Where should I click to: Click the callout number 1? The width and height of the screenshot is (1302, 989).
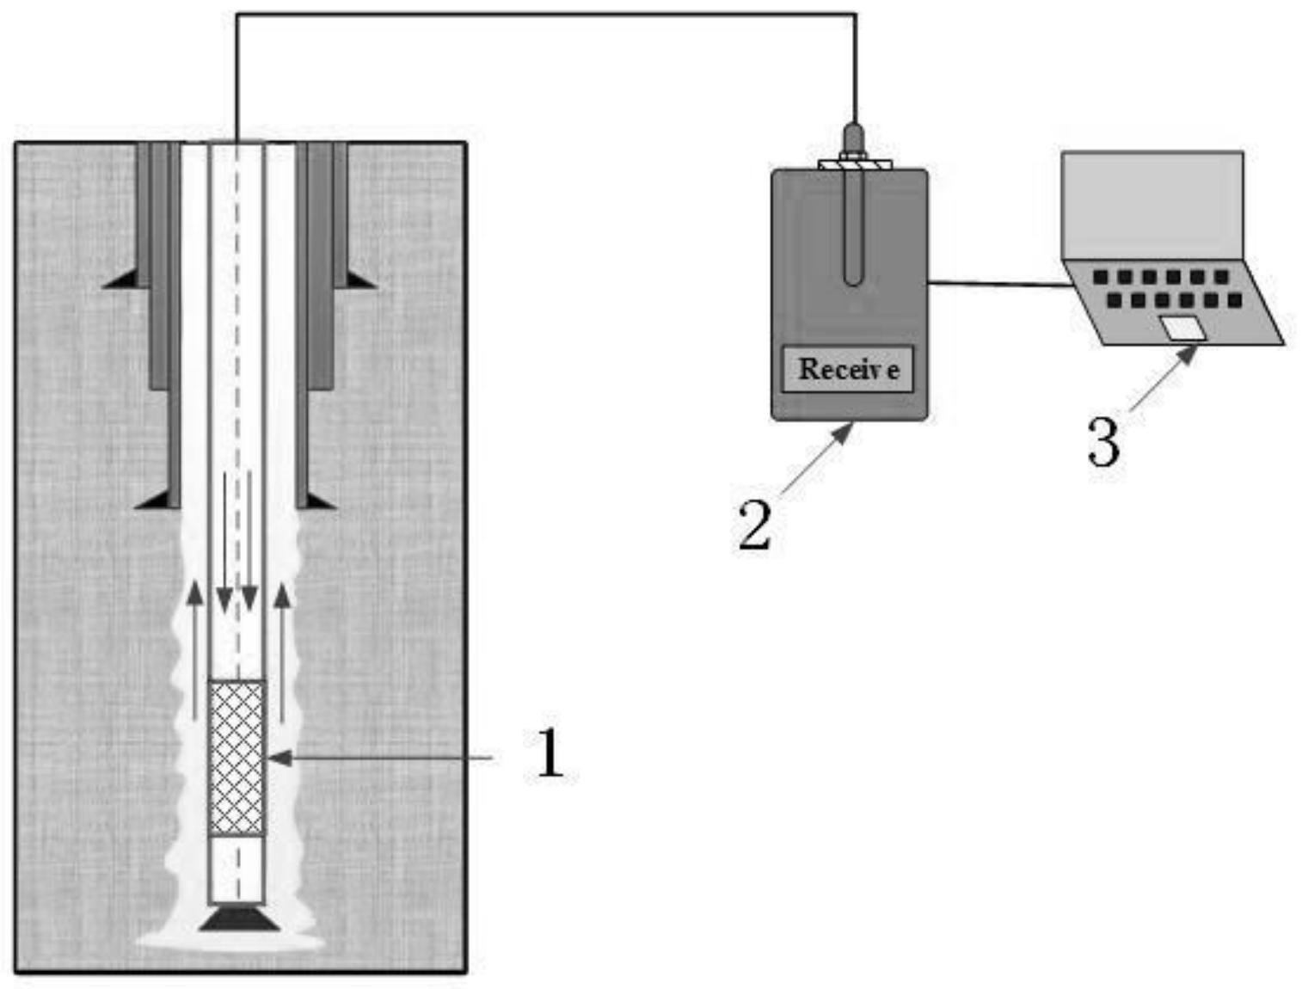pyautogui.click(x=550, y=752)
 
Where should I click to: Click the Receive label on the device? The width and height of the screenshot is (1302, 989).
pyautogui.click(x=849, y=369)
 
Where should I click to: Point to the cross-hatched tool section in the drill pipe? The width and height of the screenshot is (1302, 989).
pyautogui.click(x=237, y=759)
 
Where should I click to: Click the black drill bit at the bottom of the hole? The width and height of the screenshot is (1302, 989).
pyautogui.click(x=236, y=918)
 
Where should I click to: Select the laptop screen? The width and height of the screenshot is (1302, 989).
pyautogui.click(x=1152, y=206)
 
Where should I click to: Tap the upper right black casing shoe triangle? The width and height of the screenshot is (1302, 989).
pyautogui.click(x=361, y=279)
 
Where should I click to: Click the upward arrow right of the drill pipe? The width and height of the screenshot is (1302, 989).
pyautogui.click(x=284, y=654)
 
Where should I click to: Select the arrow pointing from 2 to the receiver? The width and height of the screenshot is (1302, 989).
pyautogui.click(x=817, y=459)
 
